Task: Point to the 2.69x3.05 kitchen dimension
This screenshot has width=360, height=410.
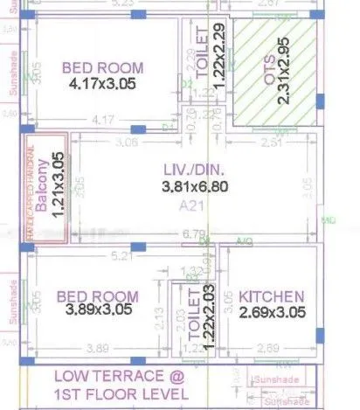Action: click(x=271, y=312)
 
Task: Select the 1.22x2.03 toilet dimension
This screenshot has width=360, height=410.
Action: click(x=208, y=318)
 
